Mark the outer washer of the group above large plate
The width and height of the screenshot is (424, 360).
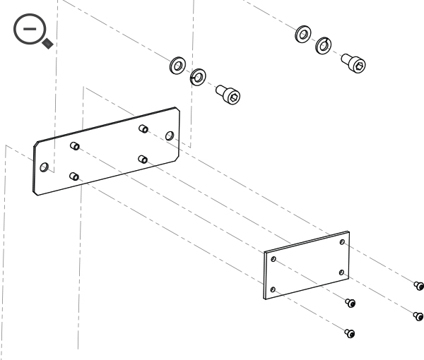(176, 67)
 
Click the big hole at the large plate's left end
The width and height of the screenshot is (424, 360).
(45, 167)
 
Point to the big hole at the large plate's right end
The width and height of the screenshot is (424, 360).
(169, 135)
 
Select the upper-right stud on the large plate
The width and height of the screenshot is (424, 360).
(143, 128)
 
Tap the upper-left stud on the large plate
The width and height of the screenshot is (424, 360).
(75, 146)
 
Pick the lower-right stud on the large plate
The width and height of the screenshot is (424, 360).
(143, 159)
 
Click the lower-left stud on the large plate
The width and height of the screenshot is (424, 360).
(74, 176)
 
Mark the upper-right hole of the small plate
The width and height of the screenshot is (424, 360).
(342, 242)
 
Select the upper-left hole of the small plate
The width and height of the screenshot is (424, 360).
(273, 260)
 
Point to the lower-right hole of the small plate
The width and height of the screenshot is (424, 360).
(341, 272)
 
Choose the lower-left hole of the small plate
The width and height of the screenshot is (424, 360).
(273, 289)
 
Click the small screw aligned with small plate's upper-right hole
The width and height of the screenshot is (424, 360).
(418, 285)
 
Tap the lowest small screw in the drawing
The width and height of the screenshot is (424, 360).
(349, 332)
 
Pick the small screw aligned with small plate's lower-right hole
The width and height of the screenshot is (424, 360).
(418, 315)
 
